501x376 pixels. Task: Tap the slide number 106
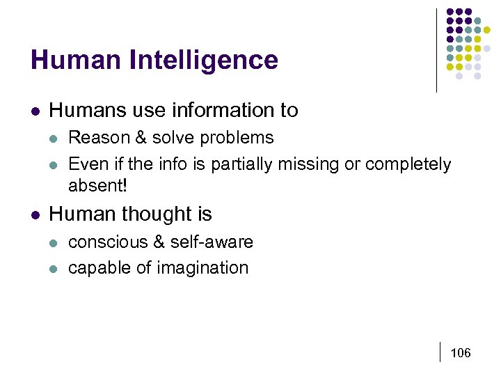click(461, 354)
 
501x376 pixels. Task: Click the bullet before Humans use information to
click(35, 111)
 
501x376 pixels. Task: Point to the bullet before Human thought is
click(35, 214)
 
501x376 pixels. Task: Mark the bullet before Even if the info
click(54, 164)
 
